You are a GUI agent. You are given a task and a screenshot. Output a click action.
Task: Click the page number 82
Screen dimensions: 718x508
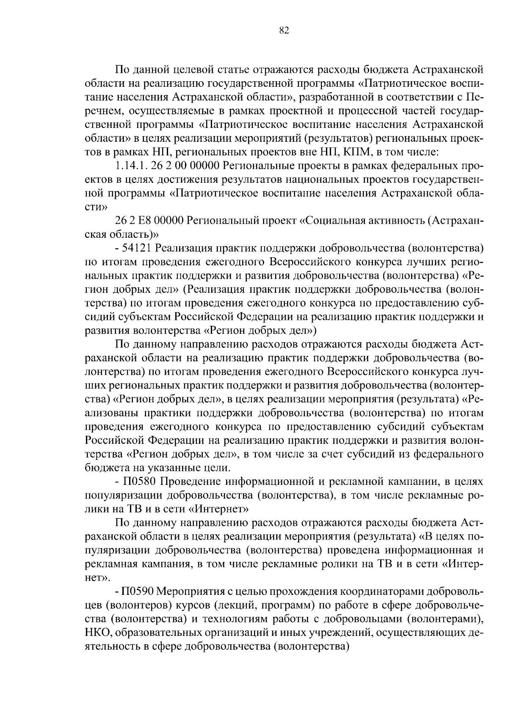point(284,30)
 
